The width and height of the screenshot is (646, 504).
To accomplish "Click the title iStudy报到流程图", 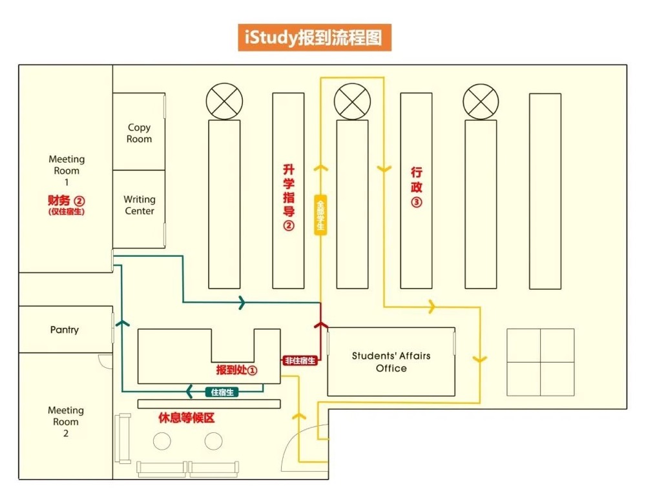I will [x=314, y=37].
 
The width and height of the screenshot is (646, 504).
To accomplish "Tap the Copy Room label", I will [x=139, y=134].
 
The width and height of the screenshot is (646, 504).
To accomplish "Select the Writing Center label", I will [x=140, y=205].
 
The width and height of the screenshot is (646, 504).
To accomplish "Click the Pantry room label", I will [x=65, y=330].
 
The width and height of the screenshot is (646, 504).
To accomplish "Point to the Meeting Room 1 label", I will [x=67, y=170].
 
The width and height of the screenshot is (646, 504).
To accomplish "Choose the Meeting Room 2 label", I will [x=66, y=421].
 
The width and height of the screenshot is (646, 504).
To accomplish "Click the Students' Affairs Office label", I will [x=391, y=361].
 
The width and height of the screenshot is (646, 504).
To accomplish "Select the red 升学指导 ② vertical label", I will [x=289, y=197].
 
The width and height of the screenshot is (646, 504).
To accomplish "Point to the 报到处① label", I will [x=236, y=370].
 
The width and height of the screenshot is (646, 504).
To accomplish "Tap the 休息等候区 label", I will [x=186, y=418].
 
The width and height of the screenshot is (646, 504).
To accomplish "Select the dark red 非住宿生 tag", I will [x=300, y=361].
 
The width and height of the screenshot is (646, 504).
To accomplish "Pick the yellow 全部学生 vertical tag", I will [x=320, y=214].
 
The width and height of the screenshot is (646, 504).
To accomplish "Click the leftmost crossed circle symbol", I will [x=224, y=101].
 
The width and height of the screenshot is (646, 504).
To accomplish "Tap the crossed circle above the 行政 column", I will [x=481, y=101].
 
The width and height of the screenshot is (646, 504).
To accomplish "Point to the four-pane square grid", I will [x=540, y=362].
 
